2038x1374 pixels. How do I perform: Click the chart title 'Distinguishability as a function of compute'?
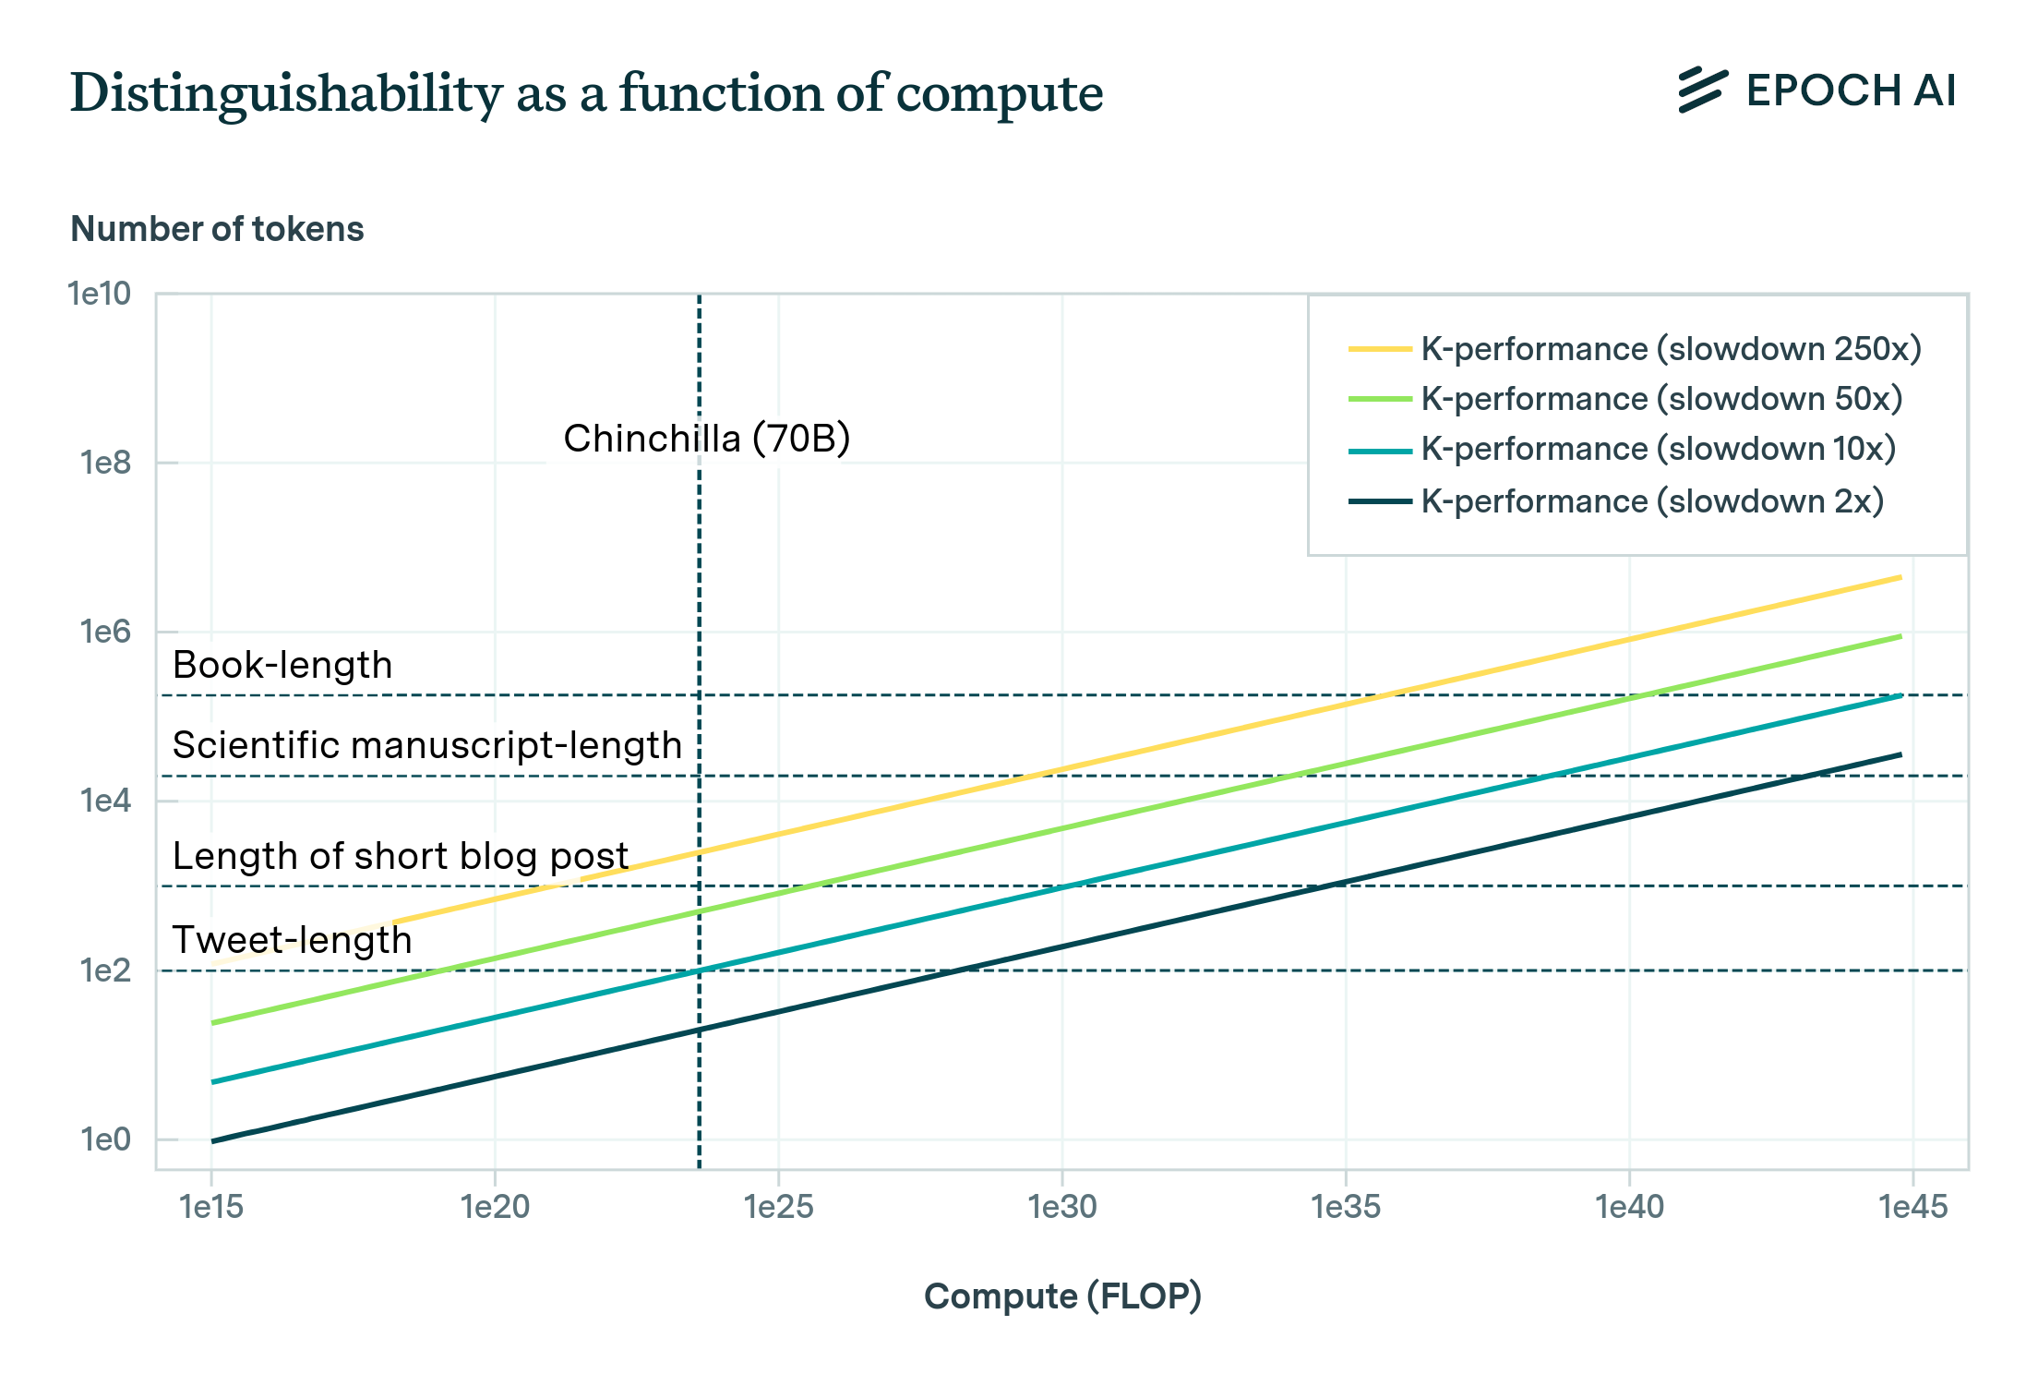[586, 93]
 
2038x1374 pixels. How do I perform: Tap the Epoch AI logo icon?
[1702, 90]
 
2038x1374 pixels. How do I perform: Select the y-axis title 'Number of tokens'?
[217, 229]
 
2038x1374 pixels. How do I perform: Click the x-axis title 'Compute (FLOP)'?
[1062, 1296]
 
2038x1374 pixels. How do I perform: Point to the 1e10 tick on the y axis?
[100, 294]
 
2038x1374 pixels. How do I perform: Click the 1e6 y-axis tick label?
[105, 632]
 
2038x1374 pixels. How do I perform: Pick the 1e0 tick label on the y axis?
[105, 1139]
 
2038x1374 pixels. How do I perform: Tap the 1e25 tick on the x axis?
[779, 1206]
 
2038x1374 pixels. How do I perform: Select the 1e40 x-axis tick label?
[1629, 1206]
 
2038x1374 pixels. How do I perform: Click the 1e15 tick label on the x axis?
[211, 1206]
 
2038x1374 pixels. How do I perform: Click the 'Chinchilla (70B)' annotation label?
[706, 439]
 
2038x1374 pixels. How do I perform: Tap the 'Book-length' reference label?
[282, 665]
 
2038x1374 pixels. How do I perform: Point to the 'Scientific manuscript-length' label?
[426, 745]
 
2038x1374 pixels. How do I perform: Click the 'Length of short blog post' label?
[400, 856]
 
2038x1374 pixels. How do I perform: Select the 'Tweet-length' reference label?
[292, 940]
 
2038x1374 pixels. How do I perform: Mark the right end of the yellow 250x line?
[1900, 578]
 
